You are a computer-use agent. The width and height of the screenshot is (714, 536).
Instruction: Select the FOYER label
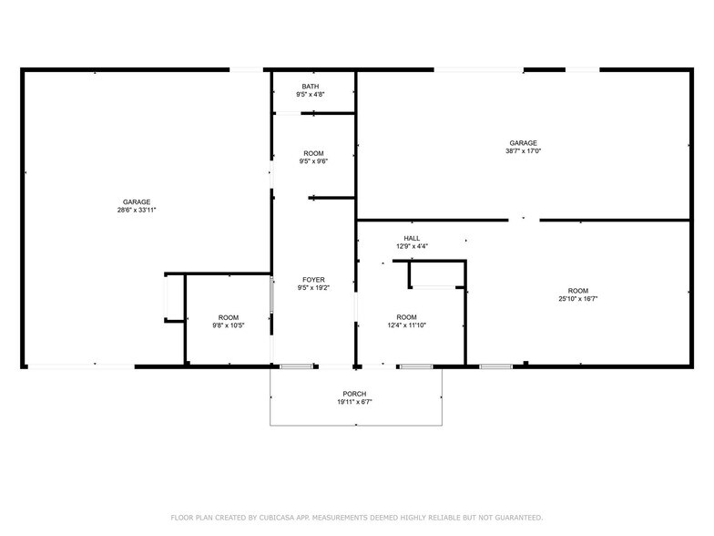point(313,280)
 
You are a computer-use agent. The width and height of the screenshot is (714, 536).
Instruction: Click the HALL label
point(413,238)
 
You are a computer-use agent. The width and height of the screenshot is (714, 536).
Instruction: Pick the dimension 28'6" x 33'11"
point(137,210)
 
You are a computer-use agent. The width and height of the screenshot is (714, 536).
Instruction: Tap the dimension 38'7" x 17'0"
point(523,151)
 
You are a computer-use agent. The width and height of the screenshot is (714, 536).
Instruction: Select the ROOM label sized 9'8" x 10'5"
point(228,317)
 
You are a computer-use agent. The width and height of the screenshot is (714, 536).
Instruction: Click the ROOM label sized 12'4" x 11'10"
point(407,317)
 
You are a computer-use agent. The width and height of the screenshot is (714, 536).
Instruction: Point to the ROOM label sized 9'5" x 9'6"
point(313,153)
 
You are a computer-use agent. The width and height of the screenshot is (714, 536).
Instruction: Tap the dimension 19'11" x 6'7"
point(355,402)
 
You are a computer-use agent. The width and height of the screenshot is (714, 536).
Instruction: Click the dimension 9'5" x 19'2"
point(313,288)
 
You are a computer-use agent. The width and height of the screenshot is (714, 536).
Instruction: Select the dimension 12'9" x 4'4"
point(413,246)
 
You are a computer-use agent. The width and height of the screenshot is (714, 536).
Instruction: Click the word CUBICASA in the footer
point(273,517)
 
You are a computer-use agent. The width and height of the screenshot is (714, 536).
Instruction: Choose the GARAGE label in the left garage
point(137,201)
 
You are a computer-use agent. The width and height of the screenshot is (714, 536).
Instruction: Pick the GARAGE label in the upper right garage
point(523,143)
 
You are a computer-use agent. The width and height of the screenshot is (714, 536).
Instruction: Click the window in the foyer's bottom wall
point(296,366)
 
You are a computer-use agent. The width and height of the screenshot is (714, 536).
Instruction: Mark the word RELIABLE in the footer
point(431,517)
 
